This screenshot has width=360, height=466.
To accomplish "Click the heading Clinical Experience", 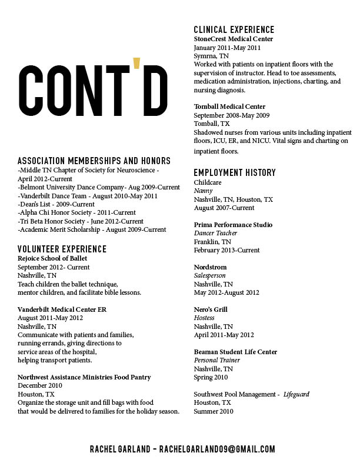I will point(234,29).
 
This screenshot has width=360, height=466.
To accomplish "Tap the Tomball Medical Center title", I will point(229,106).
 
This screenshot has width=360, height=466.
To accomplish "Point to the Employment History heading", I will point(235,172).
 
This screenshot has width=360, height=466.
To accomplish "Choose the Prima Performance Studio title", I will point(233,225).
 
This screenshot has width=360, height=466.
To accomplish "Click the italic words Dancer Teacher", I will point(213,234).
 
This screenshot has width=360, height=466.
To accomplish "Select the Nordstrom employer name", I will point(210,267).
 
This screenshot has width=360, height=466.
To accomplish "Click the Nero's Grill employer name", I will point(211,309).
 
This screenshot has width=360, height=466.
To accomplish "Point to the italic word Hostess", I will point(204,318).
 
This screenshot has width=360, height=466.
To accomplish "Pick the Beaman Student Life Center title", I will point(235,352).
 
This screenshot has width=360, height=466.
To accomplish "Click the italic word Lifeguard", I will point(296,394).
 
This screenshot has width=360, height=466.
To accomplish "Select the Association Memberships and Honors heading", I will point(94,161).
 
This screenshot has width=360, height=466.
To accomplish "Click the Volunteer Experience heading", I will point(62,249).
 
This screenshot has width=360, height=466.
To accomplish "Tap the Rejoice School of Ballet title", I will point(52,258).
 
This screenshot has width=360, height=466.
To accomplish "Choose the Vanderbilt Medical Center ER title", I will point(62,309).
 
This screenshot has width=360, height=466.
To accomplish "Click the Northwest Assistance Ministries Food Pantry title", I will point(84,377).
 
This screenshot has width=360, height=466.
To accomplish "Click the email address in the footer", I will point(217,449).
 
